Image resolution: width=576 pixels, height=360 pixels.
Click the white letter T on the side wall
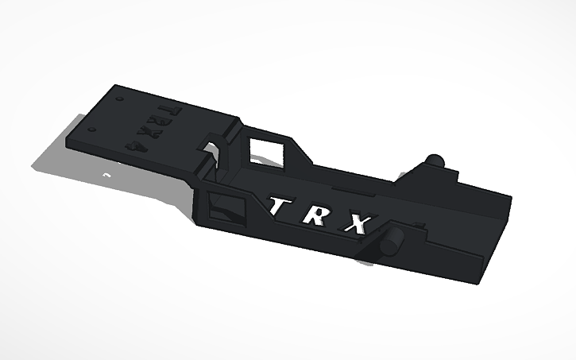(278, 207)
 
